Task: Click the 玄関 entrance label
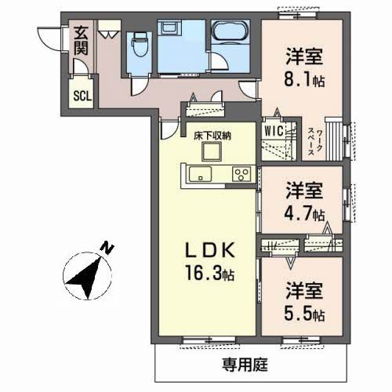click(81, 41)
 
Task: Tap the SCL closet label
click(82, 96)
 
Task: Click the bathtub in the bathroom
click(229, 31)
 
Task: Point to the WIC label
click(274, 130)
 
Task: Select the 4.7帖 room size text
click(304, 214)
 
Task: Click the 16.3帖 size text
click(210, 273)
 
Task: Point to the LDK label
click(210, 250)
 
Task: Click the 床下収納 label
click(212, 136)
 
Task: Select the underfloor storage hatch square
click(212, 152)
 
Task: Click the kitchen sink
click(201, 174)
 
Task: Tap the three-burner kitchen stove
click(241, 174)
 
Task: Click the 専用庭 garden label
click(245, 365)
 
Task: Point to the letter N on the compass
click(107, 248)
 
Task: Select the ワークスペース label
click(315, 143)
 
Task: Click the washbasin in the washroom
click(169, 27)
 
